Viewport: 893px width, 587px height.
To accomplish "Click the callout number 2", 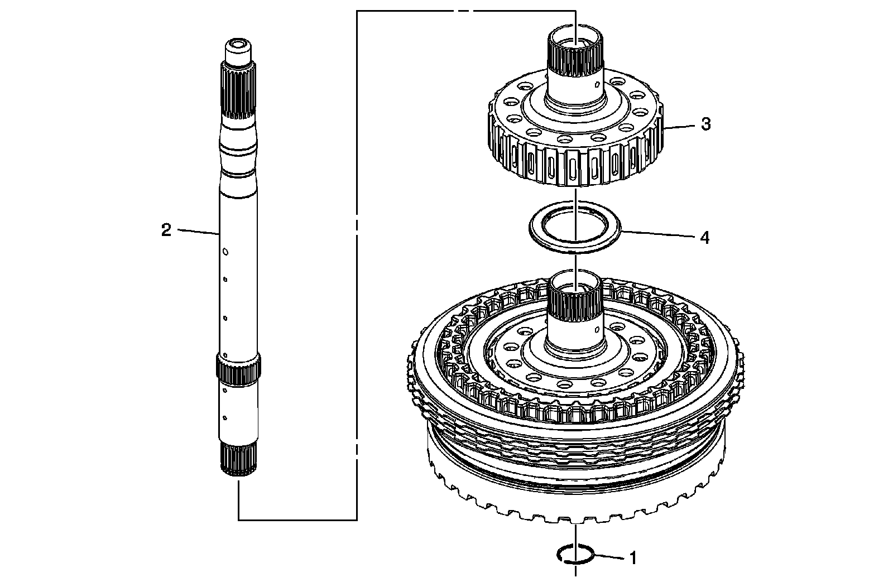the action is (x=166, y=230).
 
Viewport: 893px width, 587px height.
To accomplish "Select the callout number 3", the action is (x=705, y=124).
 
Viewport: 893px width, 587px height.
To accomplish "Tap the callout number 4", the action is (x=705, y=238).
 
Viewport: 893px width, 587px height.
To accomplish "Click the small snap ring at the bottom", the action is (x=573, y=555).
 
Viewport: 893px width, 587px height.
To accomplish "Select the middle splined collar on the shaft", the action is (x=238, y=368).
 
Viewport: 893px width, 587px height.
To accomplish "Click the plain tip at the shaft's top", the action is (x=238, y=50).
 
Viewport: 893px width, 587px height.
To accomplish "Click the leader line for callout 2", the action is (x=198, y=232).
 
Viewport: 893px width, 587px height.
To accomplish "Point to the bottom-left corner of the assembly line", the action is (x=239, y=519).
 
